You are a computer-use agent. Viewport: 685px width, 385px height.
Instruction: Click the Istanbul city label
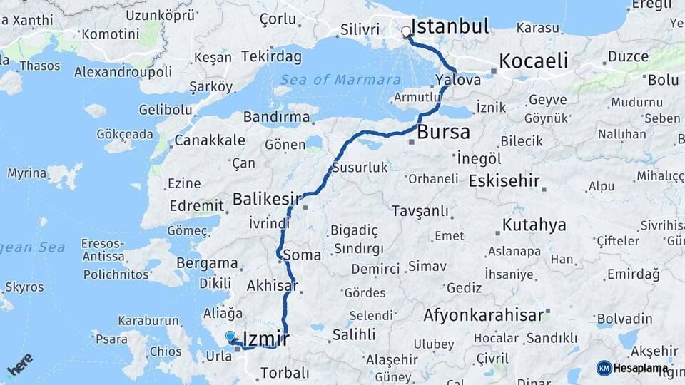click(450, 27)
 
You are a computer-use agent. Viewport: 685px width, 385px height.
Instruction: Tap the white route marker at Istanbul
click(406, 31)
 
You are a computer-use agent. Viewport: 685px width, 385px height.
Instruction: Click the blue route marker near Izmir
click(230, 335)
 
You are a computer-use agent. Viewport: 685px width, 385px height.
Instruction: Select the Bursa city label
click(443, 132)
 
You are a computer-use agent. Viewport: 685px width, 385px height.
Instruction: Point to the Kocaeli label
click(533, 61)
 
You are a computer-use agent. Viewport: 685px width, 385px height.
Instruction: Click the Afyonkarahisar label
click(484, 314)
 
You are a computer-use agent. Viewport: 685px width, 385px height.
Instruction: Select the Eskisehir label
click(504, 180)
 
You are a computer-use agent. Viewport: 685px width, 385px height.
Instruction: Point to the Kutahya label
click(534, 225)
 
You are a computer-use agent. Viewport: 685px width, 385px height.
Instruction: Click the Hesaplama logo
click(631, 368)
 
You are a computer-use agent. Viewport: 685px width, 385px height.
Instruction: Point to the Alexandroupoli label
click(123, 72)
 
